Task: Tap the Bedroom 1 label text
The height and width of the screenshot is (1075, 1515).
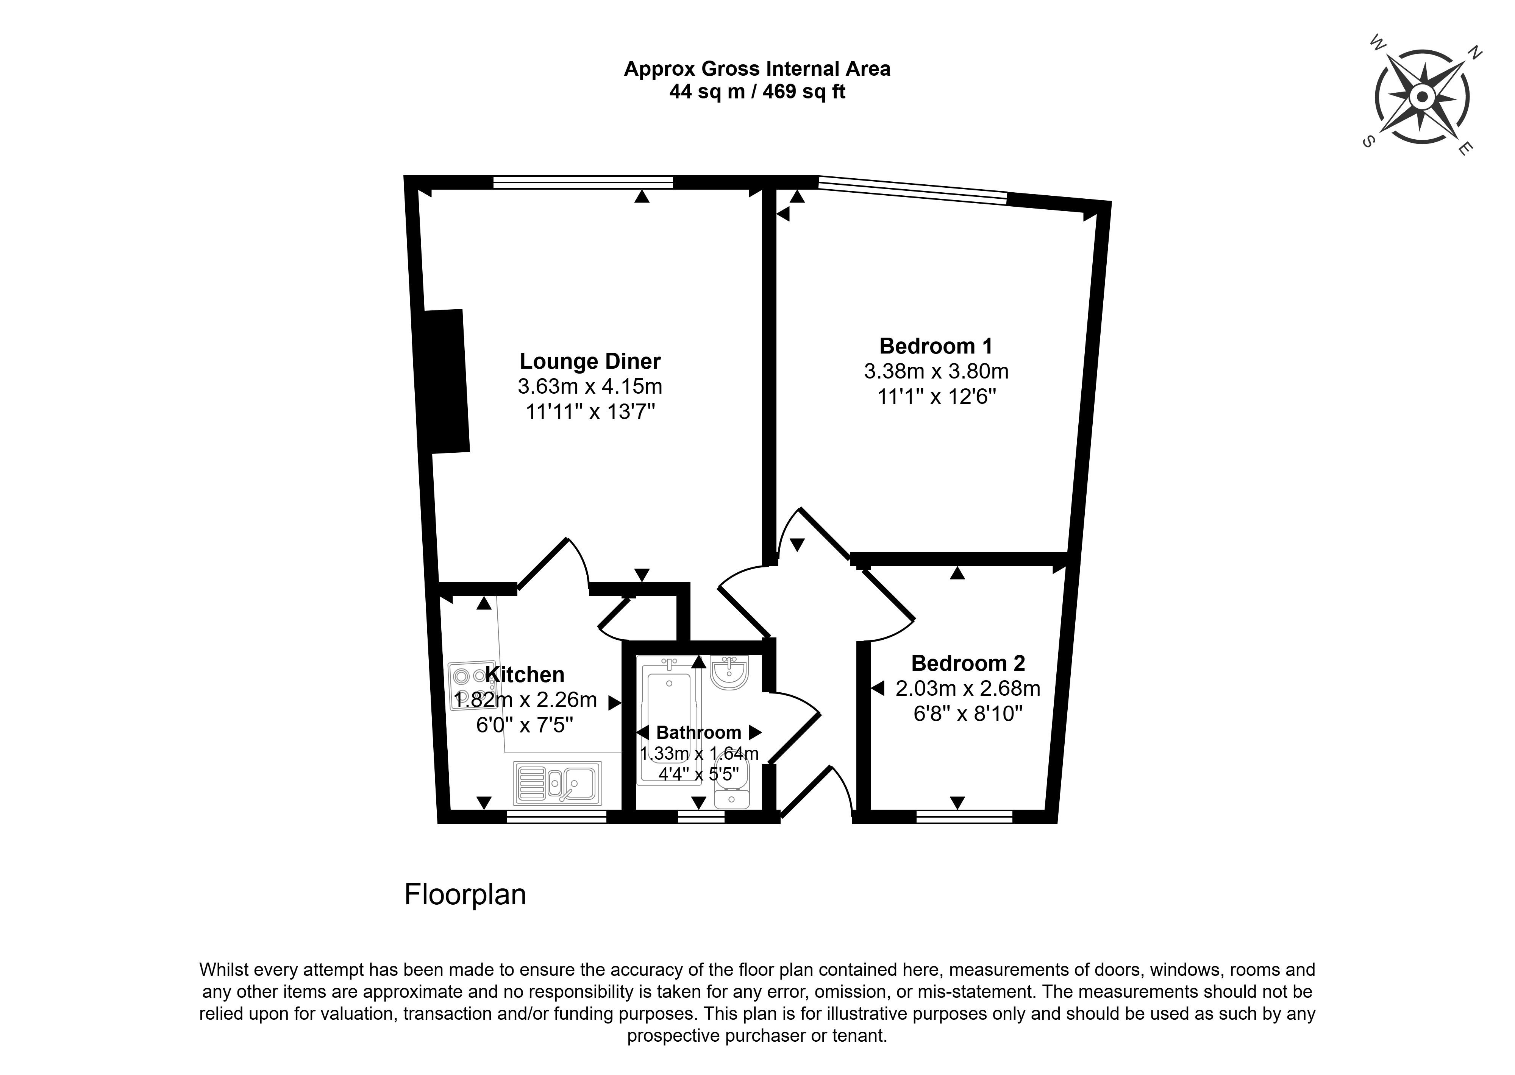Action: coord(936,346)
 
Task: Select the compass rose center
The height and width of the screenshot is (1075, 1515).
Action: coord(1421,97)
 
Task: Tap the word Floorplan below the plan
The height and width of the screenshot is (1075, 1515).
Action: coord(465,895)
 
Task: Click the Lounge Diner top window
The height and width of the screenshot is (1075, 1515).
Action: coord(583,182)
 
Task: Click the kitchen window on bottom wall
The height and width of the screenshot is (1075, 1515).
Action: coord(556,817)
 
